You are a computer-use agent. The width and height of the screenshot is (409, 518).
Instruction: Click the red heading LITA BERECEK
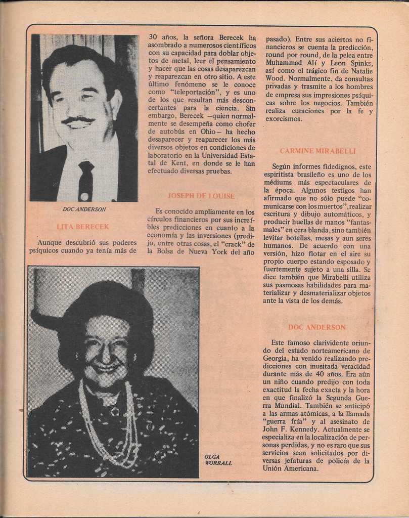coord(83,227)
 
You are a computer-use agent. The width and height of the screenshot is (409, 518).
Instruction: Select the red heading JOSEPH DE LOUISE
coord(201,196)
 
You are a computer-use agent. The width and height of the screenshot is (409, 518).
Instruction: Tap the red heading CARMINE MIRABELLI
coord(317,151)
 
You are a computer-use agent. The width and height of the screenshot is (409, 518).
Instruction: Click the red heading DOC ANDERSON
coord(317,327)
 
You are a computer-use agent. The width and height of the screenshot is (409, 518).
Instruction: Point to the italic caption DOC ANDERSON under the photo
coord(84,209)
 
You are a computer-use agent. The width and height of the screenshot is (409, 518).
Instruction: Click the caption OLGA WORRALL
coord(218,459)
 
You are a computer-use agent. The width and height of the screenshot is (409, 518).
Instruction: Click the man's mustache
coord(78,120)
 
